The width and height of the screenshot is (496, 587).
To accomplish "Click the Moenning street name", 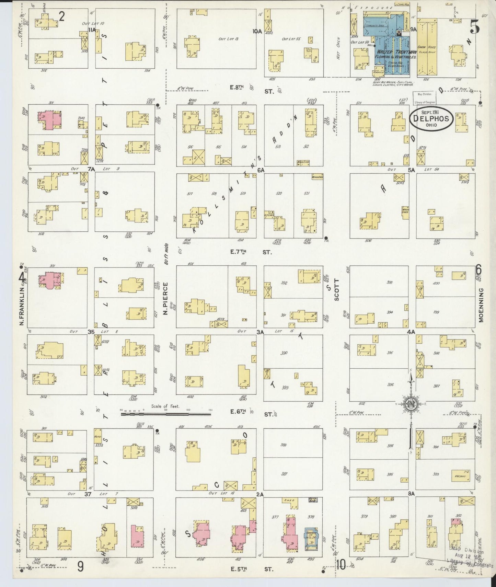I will coord(481,305).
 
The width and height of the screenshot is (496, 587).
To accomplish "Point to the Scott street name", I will coord(336,290).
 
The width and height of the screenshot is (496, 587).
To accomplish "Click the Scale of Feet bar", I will coord(166,414).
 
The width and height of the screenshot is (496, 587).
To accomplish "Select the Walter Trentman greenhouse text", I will coord(395,54).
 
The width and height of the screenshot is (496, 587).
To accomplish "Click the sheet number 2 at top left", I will coord(62,16).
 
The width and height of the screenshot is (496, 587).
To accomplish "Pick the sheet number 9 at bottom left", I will coord(80,567).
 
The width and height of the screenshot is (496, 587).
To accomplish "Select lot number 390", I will coord(284,353).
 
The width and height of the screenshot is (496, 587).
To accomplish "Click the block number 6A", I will coord(261,170).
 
